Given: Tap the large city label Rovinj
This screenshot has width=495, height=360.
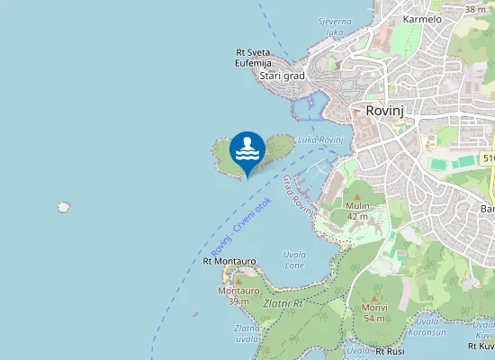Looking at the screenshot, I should pos(388,110).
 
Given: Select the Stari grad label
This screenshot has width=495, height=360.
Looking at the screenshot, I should pos(282,76).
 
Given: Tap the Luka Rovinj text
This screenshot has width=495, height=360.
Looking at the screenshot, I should pos(320,140).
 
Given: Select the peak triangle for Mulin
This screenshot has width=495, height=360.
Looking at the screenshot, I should pos(357,196).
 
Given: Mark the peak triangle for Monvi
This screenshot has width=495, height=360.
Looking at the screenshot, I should pos(374,298).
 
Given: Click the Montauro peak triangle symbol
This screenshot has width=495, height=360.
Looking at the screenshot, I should pos(238,281).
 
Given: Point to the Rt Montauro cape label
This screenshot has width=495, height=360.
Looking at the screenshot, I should pos(229,261).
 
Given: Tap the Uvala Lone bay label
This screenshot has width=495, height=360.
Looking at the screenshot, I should pos(294,260).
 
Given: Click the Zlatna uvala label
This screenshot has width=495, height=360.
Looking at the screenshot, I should pos(247,334).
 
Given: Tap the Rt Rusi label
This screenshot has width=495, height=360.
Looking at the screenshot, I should pos(391,350).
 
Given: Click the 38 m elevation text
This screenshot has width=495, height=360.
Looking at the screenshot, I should pos(474,9).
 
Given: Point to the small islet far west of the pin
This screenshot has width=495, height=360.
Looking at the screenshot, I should pos(64,207).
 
